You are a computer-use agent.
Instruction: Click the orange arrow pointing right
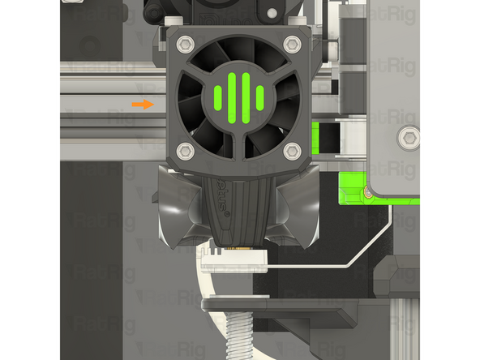tap(142, 104)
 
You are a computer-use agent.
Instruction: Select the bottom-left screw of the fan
tap(185, 149)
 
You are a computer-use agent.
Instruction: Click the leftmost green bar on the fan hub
tap(216, 97)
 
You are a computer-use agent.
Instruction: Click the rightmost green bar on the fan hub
tap(259, 97)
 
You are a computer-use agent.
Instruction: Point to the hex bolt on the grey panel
tap(410, 138)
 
